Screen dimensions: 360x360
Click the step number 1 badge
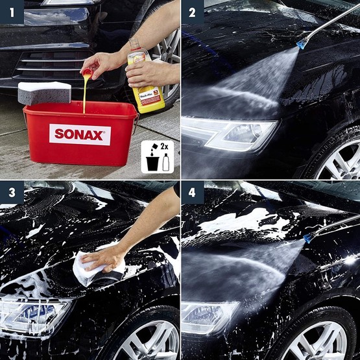(11, 11)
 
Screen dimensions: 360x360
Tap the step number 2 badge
(192, 12)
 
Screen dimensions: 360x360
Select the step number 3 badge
(11, 192)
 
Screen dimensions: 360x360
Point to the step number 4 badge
(192, 192)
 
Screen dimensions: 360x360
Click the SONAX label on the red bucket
(80, 134)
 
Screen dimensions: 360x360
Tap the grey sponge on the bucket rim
(44, 93)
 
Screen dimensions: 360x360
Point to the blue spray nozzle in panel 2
(302, 44)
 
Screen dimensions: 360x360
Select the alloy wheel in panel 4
(324, 341)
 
